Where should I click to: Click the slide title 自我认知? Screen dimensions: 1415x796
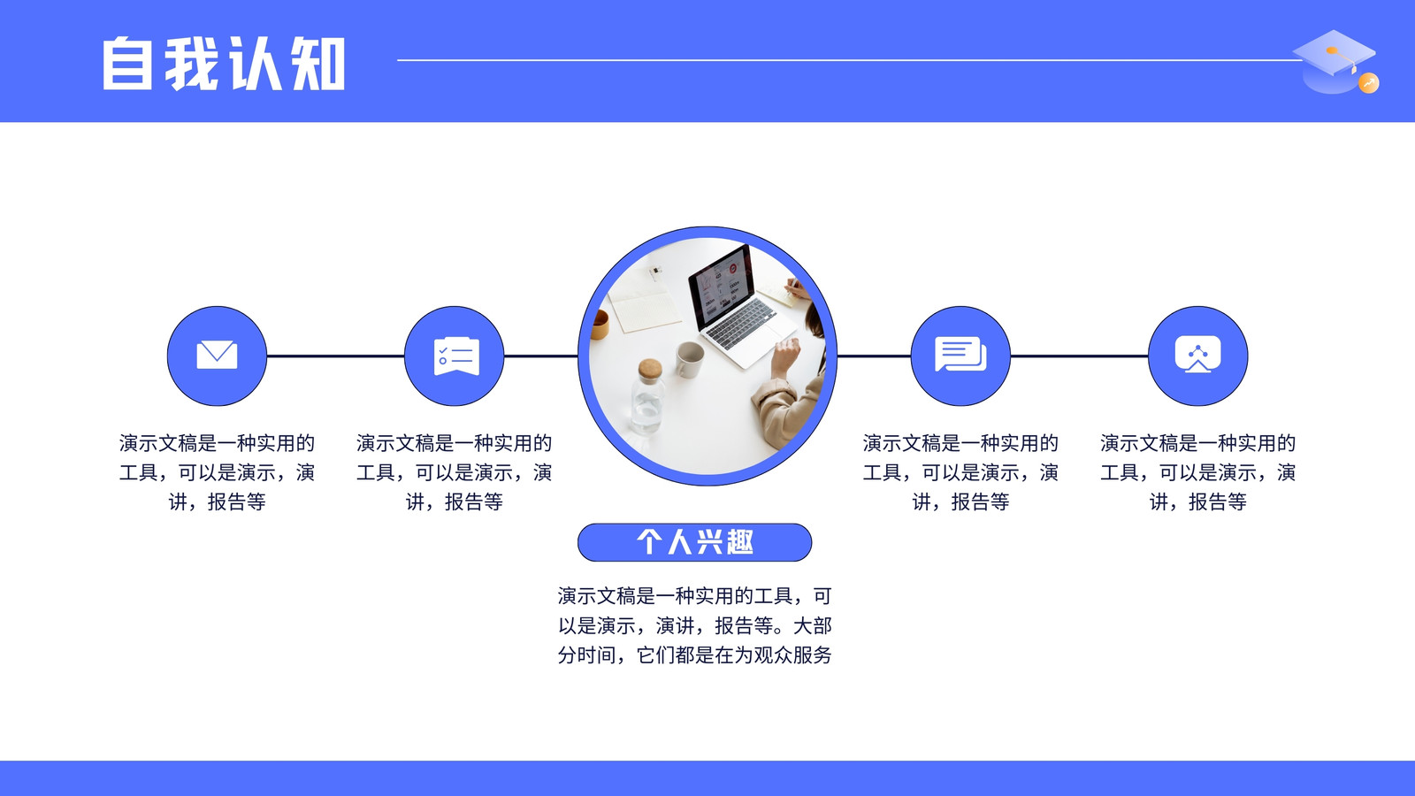(224, 63)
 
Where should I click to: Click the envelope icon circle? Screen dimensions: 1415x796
(217, 356)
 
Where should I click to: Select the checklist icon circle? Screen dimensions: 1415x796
(455, 356)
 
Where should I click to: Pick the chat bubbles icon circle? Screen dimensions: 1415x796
(960, 356)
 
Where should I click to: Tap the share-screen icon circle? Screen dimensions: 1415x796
(1197, 356)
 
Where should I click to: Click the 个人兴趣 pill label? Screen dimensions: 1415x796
(695, 542)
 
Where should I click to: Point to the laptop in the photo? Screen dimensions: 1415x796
(739, 303)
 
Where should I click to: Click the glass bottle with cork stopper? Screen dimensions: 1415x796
(648, 397)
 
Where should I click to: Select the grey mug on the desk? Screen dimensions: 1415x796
(689, 359)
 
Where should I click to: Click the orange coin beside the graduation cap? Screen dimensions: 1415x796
(1369, 83)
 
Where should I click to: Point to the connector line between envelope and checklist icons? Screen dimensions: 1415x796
(335, 356)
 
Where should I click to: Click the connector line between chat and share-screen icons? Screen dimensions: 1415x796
(1079, 356)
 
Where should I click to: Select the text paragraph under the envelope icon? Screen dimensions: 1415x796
(217, 472)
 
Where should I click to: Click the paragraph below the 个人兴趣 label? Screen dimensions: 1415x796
(695, 624)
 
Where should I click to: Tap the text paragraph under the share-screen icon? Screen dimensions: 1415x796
(1197, 472)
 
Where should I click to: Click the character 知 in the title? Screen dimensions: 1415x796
(318, 63)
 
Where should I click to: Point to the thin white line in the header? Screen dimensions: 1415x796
(850, 60)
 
